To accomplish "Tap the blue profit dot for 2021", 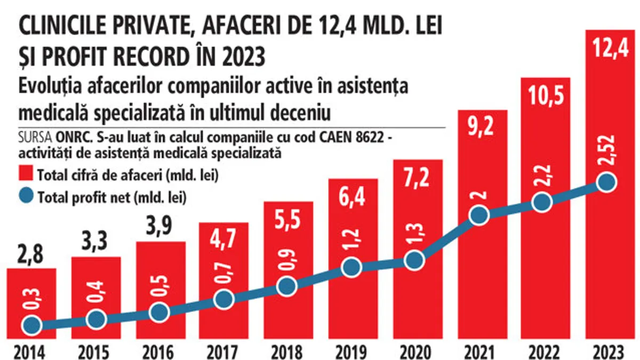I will coord(479,215).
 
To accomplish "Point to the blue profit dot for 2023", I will coord(606,183).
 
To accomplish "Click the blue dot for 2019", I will coord(350,268).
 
